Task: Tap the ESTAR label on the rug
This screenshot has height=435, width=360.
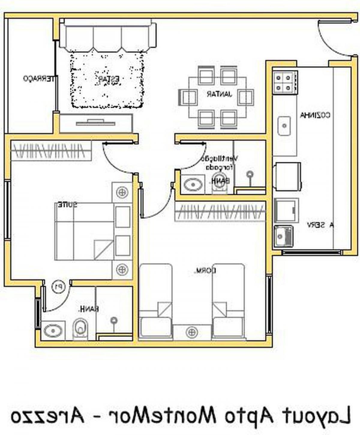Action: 108,79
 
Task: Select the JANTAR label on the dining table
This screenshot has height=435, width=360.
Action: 219,94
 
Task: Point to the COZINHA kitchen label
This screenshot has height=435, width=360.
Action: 315,115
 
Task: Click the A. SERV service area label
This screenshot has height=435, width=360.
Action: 320,225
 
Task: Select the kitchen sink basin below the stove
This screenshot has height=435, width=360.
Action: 284,126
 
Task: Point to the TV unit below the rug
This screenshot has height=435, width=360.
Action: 96,123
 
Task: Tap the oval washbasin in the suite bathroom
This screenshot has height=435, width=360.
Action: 53,331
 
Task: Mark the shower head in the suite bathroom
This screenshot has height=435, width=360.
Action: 114,321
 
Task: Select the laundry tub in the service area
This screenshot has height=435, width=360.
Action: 283,236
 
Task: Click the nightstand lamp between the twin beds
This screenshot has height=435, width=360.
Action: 192,332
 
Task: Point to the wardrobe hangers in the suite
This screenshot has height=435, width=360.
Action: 51,150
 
